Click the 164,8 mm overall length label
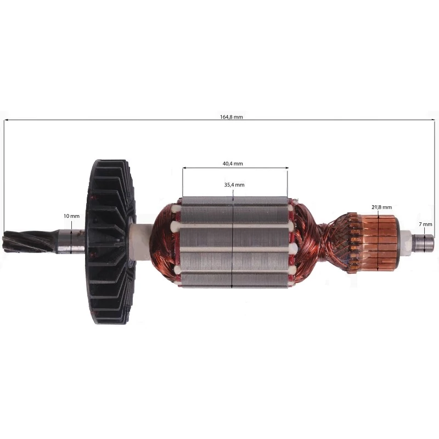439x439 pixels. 231,117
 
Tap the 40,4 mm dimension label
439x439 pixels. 233,164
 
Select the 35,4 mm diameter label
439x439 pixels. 234,185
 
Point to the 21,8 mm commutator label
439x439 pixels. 381,207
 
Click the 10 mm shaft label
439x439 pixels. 72,216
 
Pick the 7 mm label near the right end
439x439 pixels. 426,224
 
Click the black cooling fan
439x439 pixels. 111,242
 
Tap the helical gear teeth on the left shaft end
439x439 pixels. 28,241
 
